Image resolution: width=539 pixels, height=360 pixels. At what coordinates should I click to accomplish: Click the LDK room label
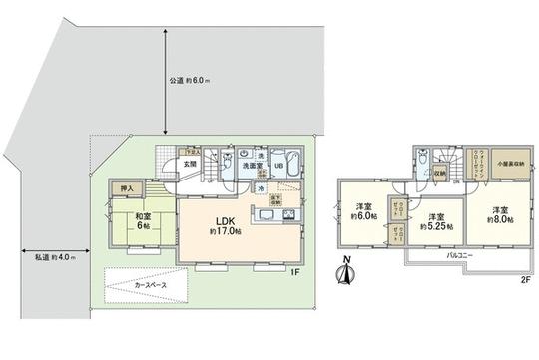pos(227,221)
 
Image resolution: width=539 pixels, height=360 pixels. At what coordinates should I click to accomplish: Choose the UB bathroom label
pos(280,166)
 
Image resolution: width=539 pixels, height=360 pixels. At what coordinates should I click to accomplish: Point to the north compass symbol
pos(345,270)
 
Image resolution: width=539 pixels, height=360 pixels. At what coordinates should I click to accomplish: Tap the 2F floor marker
pos(525,280)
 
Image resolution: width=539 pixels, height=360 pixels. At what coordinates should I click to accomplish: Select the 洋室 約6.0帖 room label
pos(363,213)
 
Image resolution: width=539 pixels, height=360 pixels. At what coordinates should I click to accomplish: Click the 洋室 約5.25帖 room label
pos(435,222)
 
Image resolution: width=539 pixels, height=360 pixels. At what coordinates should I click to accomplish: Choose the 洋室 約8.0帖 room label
pos(497,213)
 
